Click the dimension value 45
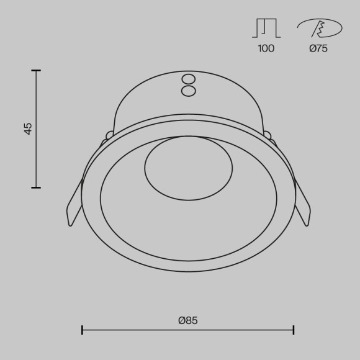(x=28, y=128)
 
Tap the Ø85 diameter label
(x=187, y=320)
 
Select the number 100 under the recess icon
(x=266, y=48)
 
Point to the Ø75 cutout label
(x=318, y=48)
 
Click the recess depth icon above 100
(x=266, y=28)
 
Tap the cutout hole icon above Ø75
(x=319, y=28)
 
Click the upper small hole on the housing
(x=188, y=79)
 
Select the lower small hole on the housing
(x=188, y=91)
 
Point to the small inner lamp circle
(x=188, y=168)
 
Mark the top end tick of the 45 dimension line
(x=36, y=71)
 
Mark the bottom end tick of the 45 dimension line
(x=36, y=187)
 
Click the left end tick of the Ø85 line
(x=82, y=330)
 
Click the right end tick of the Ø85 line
(x=294, y=330)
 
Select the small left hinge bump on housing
(x=110, y=135)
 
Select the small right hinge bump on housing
(x=268, y=135)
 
